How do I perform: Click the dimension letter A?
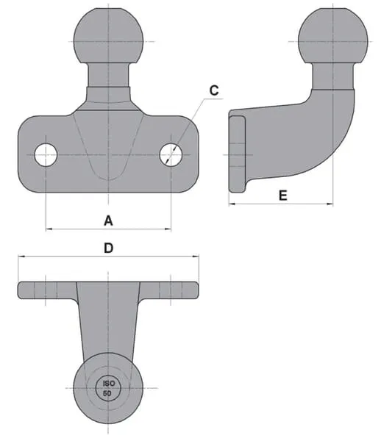(108, 220)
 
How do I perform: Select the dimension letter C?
(214, 90)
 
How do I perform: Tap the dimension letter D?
(109, 248)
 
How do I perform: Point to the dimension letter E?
(283, 196)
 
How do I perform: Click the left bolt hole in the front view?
(46, 154)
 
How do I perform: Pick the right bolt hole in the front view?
(171, 154)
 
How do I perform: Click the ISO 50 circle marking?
(108, 388)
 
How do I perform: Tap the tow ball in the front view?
(108, 36)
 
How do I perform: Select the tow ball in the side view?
(333, 36)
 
